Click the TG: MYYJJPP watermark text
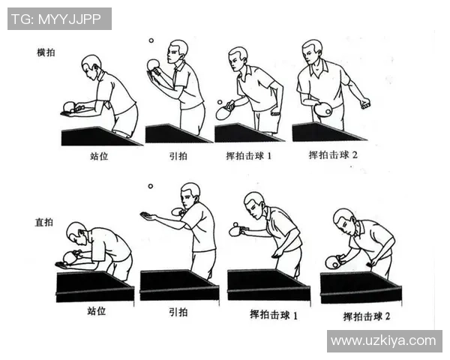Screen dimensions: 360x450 coord(58,19)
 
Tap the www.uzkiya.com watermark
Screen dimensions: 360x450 coord(383,340)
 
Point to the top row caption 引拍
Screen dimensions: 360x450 coord(177,157)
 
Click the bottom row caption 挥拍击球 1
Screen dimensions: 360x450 coord(274,315)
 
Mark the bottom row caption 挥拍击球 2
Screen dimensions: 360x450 coord(367,316)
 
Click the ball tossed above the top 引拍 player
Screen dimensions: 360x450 coord(151,40)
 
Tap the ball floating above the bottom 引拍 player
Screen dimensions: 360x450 coord(150,186)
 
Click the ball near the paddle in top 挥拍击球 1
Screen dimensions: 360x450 coord(219,101)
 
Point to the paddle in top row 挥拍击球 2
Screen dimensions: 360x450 coord(323,110)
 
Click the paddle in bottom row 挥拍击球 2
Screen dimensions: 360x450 coord(331,262)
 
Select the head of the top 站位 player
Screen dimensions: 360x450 coord(91,64)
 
